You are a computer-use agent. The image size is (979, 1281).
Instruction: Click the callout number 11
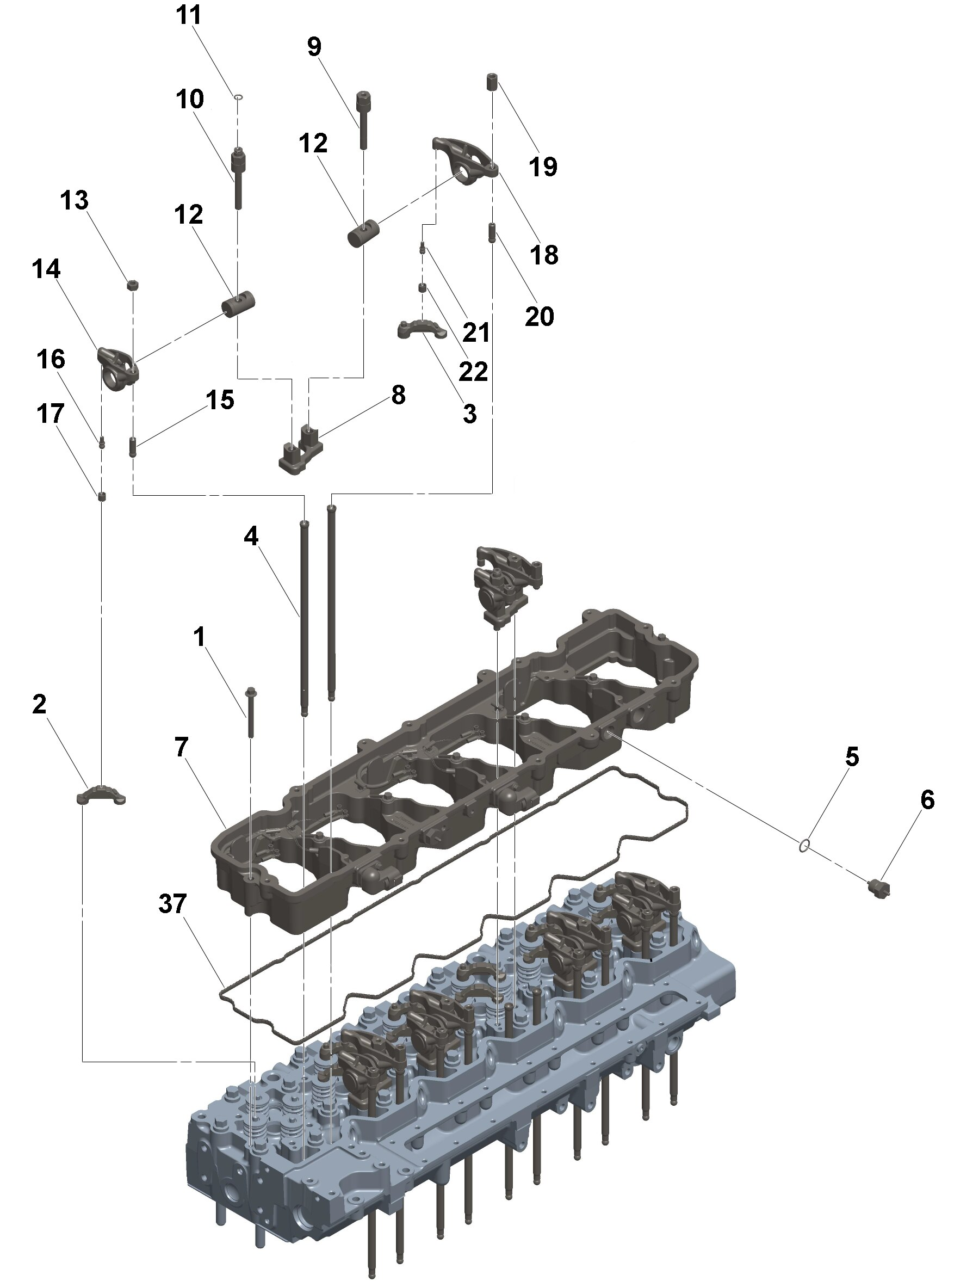pos(188,16)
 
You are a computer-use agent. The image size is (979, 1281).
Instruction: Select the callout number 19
pos(543,167)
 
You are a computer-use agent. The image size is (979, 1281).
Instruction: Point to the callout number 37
pos(172,904)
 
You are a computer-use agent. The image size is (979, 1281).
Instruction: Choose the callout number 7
pos(182,748)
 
